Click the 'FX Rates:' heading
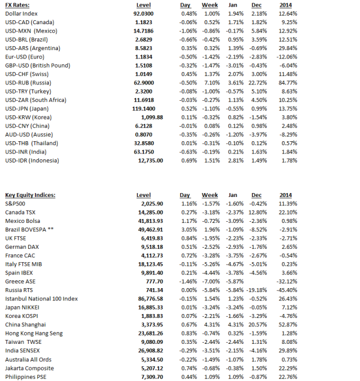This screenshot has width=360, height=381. [17, 4]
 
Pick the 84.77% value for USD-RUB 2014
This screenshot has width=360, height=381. [289, 82]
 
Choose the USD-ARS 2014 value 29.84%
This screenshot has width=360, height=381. [289, 47]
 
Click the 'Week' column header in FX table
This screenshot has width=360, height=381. [210, 4]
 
